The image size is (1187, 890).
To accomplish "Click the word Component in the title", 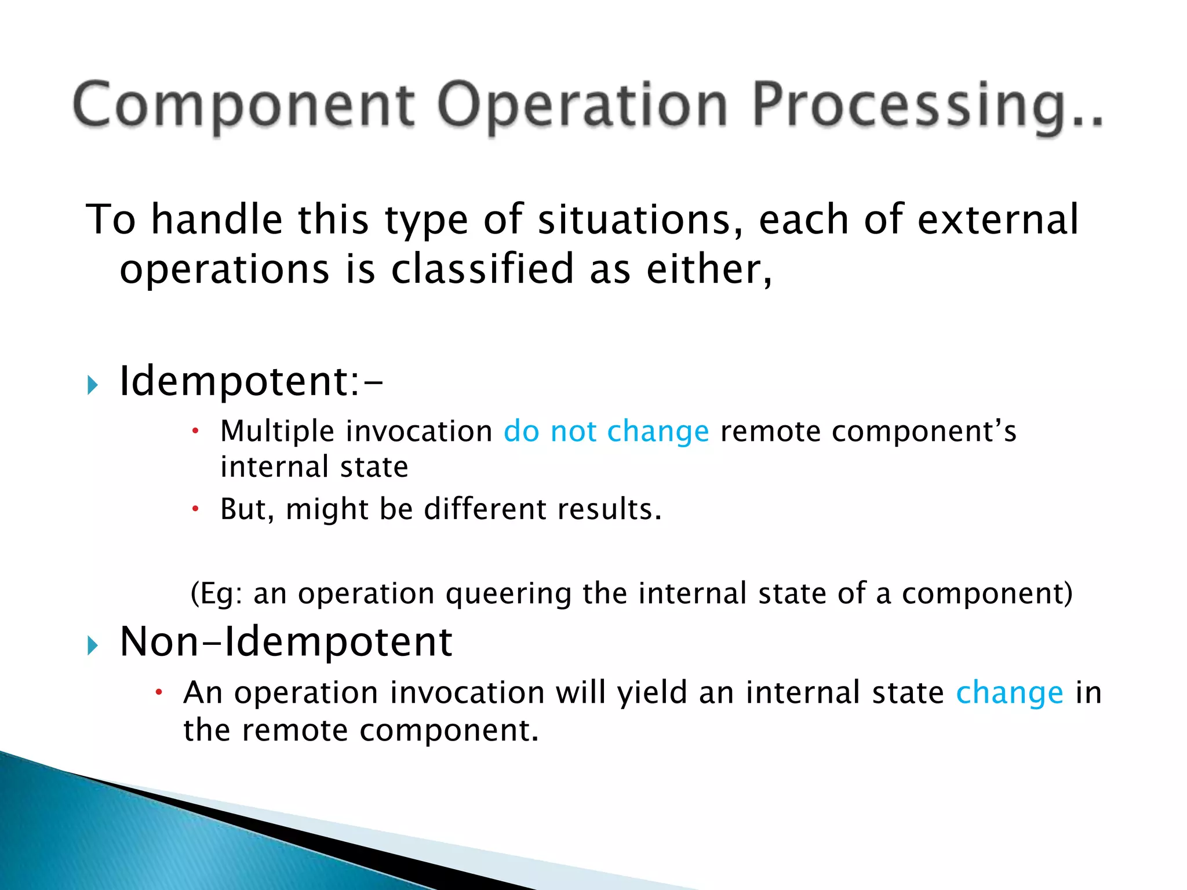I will [x=243, y=105].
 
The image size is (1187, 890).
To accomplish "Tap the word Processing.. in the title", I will [x=927, y=105].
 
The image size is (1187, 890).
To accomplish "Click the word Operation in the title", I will [x=582, y=105].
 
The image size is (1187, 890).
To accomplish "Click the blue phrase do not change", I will [x=606, y=432].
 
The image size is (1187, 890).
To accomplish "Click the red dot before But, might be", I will [x=196, y=509].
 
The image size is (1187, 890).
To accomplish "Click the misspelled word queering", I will [x=508, y=594].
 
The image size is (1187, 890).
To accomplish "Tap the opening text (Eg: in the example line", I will [x=217, y=594].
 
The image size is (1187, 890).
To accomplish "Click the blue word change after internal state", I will [x=1010, y=693].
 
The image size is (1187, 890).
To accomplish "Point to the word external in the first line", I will [x=998, y=220].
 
